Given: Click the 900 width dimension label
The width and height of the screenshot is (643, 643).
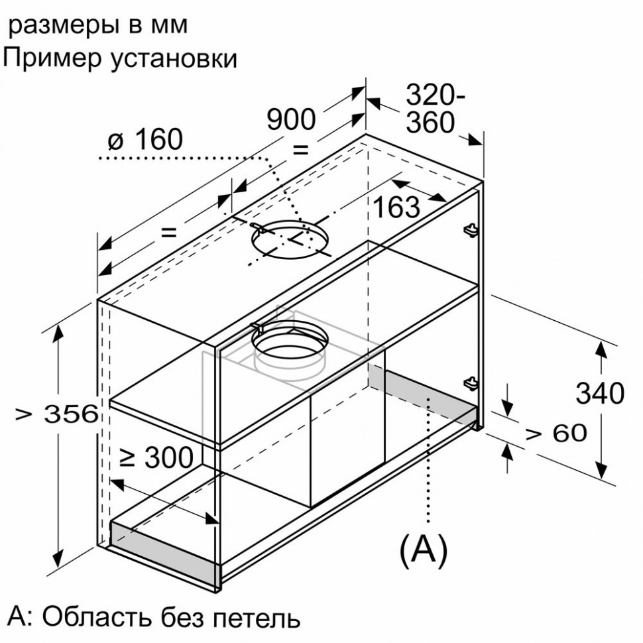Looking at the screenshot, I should [x=291, y=119].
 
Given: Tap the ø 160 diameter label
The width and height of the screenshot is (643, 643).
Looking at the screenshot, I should [x=143, y=140].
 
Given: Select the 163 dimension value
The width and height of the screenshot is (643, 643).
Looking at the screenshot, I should [x=396, y=207].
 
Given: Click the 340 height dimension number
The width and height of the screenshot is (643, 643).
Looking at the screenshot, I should [x=599, y=394].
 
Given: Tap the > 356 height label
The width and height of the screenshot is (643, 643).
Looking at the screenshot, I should [x=57, y=415].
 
